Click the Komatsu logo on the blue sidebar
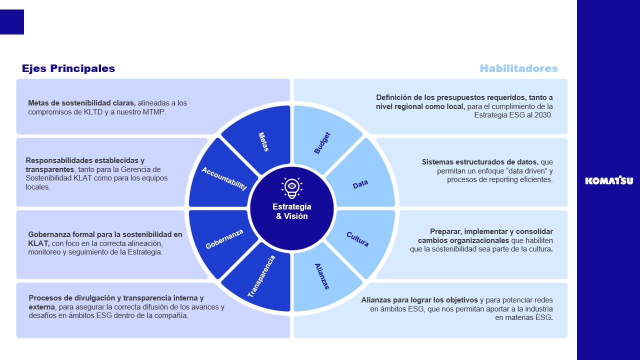[x=608, y=180]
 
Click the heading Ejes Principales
[x=68, y=68]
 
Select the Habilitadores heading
[x=518, y=68]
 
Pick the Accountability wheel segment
[x=223, y=178]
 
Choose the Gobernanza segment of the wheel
[x=224, y=239]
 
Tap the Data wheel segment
[x=360, y=184]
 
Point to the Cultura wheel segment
[x=358, y=239]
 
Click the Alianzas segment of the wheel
[x=322, y=276]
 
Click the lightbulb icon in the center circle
[x=291, y=187]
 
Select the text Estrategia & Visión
[x=292, y=211]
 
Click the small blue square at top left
[x=12, y=22]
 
